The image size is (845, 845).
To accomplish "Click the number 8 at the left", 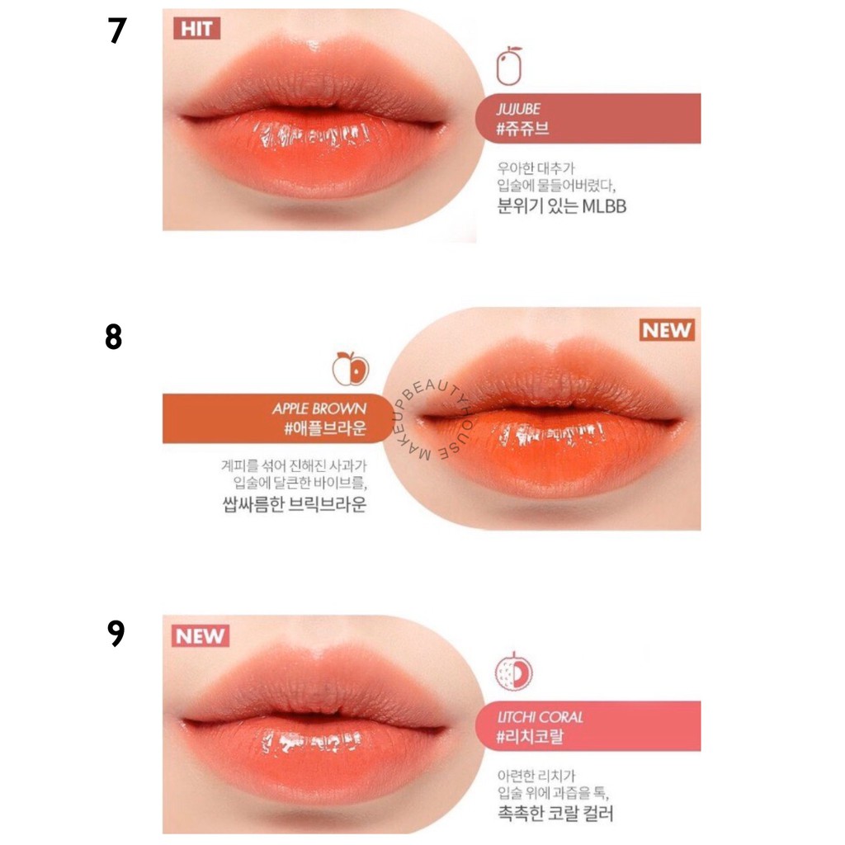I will [x=114, y=338].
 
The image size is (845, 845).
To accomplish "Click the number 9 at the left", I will [x=116, y=633].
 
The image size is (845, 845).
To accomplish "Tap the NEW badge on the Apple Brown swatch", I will [x=667, y=330].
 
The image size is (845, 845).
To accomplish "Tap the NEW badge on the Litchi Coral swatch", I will [x=201, y=635].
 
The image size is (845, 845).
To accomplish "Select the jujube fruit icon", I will [x=509, y=67].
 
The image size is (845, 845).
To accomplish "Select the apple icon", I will [x=351, y=368].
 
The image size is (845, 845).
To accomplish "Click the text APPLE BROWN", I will [x=319, y=408].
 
